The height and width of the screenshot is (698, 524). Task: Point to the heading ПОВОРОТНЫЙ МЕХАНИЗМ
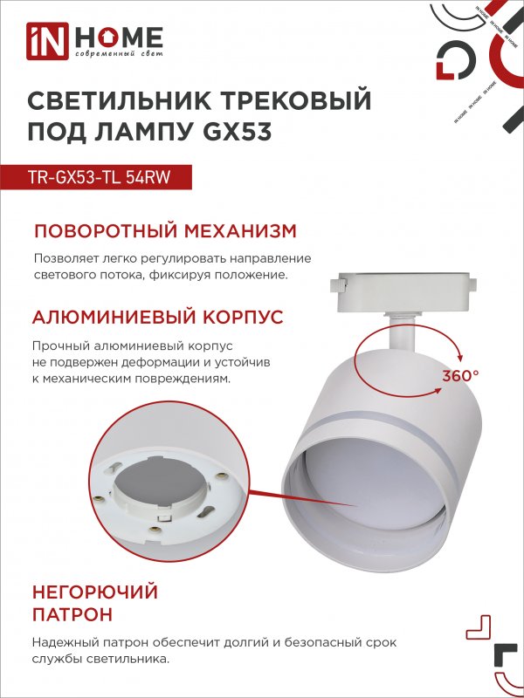click(165, 231)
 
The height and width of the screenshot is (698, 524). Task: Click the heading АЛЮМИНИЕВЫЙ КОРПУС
click(158, 317)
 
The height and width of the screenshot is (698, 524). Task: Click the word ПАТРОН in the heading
click(72, 615)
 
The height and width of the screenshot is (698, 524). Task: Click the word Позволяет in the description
click(65, 259)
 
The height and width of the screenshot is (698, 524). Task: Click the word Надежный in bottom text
click(65, 643)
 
